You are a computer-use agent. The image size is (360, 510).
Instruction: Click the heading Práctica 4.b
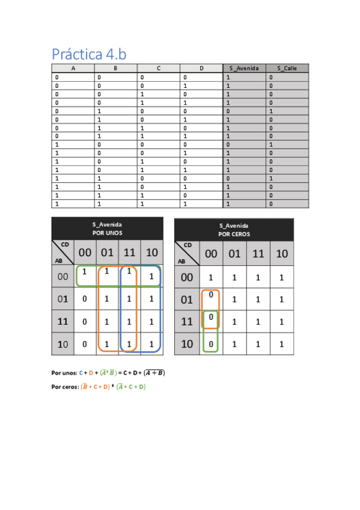(89, 54)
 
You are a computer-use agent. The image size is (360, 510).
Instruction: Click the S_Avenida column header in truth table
(244, 69)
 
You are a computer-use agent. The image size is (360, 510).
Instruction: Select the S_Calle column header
(287, 69)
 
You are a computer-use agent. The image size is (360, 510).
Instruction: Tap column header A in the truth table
(73, 69)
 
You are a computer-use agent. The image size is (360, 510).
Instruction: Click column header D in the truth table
(201, 69)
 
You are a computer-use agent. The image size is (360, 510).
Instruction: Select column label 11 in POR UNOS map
(129, 253)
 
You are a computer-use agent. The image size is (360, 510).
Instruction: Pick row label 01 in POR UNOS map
(63, 298)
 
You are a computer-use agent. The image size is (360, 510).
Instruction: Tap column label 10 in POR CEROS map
(282, 254)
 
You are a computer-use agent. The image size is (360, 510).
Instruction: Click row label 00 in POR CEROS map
(187, 277)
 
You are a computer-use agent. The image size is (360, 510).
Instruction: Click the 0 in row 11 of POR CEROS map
(211, 317)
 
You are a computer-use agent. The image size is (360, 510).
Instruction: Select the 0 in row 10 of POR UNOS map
(85, 344)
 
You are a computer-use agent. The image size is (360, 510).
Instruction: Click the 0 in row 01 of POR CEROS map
(211, 295)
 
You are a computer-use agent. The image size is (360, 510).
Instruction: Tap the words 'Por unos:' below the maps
(64, 373)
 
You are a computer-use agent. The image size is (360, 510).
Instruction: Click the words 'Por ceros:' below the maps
(65, 387)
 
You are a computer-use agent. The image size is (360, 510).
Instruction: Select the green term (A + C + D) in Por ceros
(132, 387)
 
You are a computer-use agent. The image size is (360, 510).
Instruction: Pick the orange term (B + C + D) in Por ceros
(95, 387)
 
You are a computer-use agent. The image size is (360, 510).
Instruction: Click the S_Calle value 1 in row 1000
(270, 145)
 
